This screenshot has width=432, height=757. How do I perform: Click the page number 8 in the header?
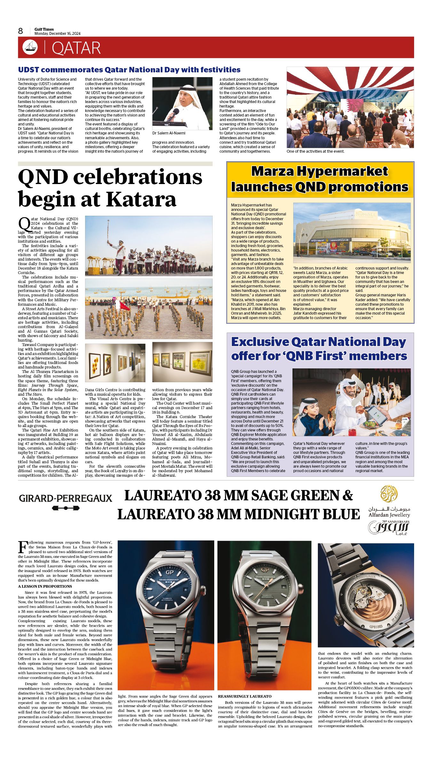pyautogui.click(x=20, y=31)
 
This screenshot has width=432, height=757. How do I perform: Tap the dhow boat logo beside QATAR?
pyautogui.click(x=30, y=47)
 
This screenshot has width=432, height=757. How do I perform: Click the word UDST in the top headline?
pyautogui.click(x=28, y=70)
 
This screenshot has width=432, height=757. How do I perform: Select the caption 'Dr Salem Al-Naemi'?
pyautogui.click(x=169, y=133)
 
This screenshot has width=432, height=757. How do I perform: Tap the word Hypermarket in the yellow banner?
pyautogui.click(x=342, y=172)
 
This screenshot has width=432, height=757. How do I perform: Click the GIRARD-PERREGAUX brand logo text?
pyautogui.click(x=66, y=498)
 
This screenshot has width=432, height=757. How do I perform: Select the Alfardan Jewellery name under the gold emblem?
pyautogui.click(x=389, y=515)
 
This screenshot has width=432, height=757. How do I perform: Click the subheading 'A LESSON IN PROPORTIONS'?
pyautogui.click(x=45, y=586)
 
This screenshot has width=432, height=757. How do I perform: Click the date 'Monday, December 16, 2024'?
pyautogui.click(x=58, y=34)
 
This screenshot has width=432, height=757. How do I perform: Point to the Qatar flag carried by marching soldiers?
pyautogui.click(x=124, y=305)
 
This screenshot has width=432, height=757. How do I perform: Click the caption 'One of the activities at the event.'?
pyautogui.click(x=315, y=151)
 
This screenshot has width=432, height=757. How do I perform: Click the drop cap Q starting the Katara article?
pyautogui.click(x=24, y=223)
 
